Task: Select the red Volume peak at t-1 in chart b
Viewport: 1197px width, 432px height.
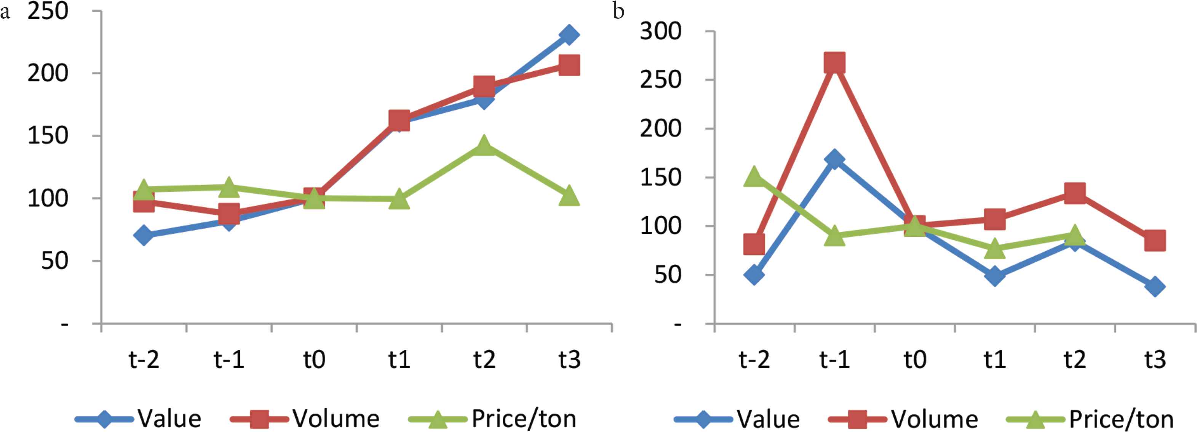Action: click(834, 63)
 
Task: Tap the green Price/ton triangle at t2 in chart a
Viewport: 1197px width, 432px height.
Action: click(484, 146)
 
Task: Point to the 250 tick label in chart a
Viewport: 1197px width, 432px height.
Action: click(48, 11)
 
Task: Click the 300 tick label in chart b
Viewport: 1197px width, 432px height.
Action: click(660, 32)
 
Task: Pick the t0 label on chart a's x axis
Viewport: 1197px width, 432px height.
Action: click(314, 359)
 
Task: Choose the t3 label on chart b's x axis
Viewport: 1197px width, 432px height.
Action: click(1155, 359)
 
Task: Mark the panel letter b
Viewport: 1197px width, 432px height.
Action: click(618, 11)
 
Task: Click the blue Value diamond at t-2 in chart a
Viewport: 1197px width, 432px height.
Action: click(144, 235)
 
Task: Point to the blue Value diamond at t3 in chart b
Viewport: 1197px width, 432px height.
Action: click(1155, 286)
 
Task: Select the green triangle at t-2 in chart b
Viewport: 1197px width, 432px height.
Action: click(754, 177)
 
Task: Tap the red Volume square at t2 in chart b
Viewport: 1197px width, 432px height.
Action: click(1075, 193)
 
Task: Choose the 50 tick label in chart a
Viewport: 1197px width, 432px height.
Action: click(54, 260)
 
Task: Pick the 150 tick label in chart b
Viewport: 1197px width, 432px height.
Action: click(660, 177)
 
